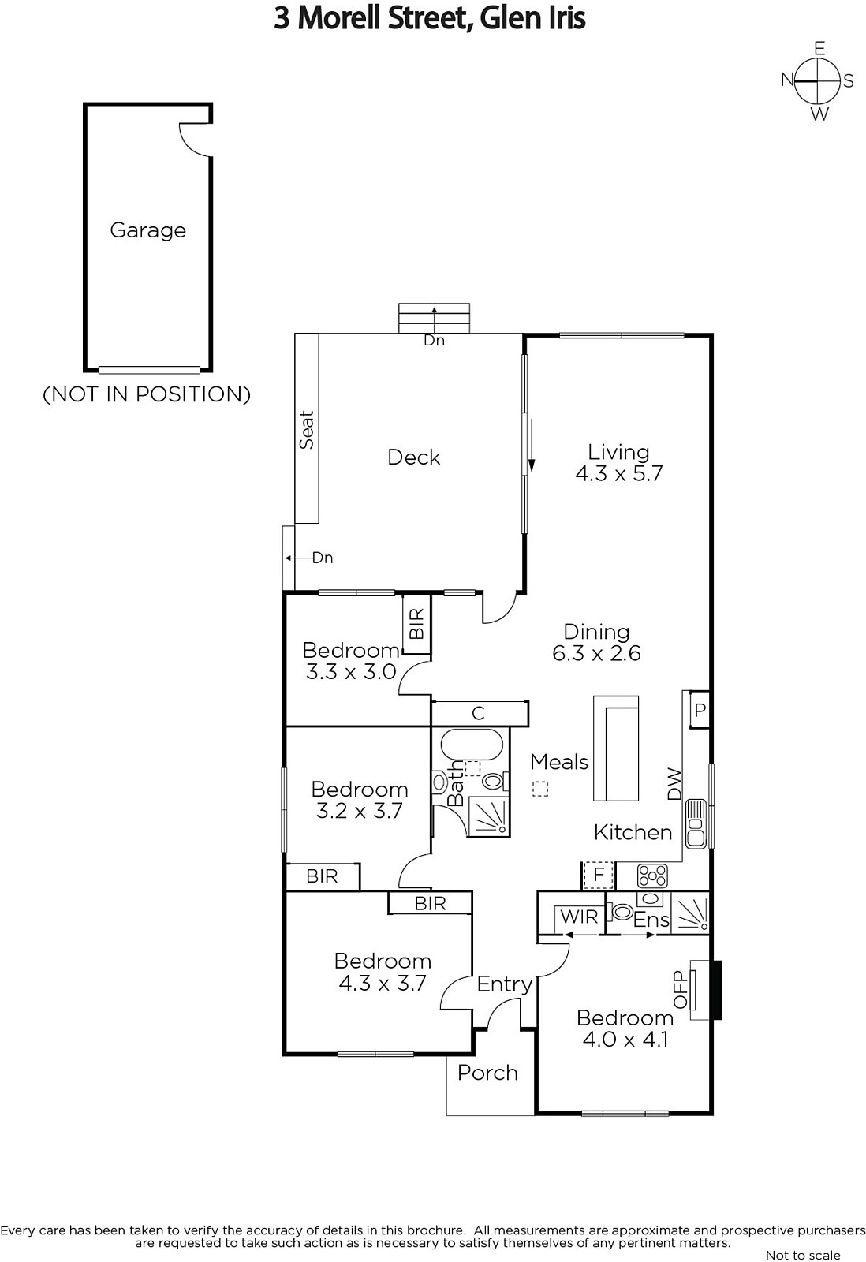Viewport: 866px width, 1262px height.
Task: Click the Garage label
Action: tap(147, 230)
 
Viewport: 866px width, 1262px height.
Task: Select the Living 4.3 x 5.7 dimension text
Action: tap(618, 473)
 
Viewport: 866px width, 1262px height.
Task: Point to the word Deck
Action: tap(413, 457)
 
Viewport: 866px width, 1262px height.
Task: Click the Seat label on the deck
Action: tap(307, 429)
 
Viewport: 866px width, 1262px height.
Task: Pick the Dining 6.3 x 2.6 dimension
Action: tap(597, 654)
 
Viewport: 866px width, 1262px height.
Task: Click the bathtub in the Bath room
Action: tap(471, 745)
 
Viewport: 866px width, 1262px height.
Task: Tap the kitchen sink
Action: tap(696, 823)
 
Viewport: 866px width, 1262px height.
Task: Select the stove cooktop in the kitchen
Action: tap(652, 876)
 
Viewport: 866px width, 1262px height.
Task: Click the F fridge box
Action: tap(599, 876)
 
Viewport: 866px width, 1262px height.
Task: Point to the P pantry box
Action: tap(700, 709)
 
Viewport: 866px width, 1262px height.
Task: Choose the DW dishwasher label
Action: tap(674, 784)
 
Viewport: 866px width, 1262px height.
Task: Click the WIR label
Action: tap(579, 917)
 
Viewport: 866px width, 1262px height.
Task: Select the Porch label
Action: tap(487, 1073)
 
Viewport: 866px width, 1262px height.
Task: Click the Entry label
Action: tap(504, 985)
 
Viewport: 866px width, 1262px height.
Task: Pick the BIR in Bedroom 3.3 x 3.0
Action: tap(416, 623)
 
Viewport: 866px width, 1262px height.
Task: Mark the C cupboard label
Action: tap(478, 713)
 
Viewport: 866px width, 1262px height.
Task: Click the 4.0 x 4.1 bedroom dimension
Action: tap(625, 1038)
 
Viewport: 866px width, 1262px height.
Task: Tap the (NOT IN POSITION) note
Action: tap(147, 394)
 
